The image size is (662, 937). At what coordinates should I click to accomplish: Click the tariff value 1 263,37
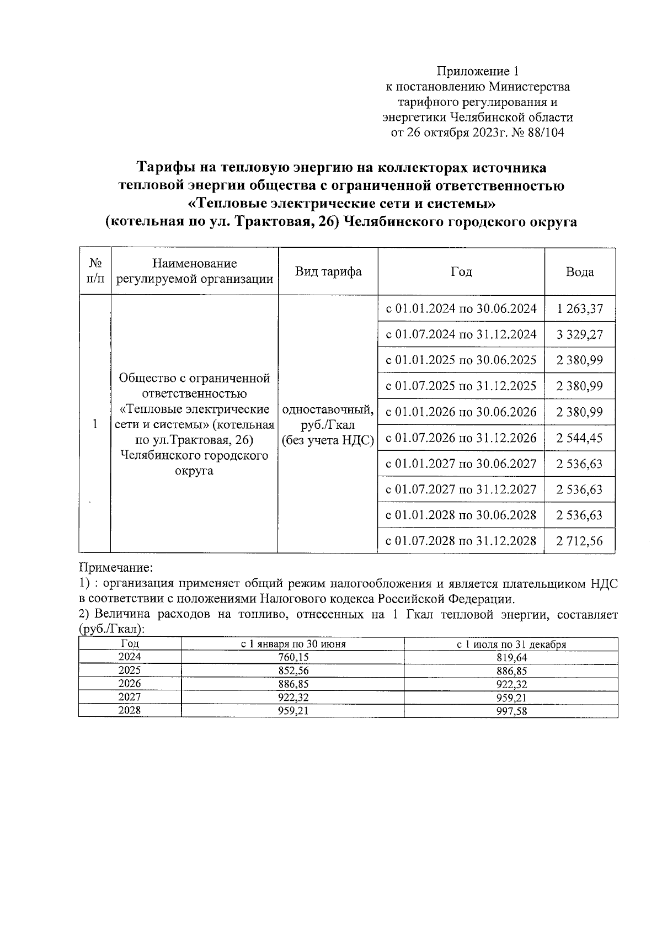pyautogui.click(x=580, y=308)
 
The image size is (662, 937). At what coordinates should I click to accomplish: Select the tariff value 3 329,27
pyautogui.click(x=580, y=334)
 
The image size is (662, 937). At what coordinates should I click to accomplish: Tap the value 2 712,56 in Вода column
pyautogui.click(x=580, y=541)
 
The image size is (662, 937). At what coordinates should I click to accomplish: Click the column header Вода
pyautogui.click(x=580, y=271)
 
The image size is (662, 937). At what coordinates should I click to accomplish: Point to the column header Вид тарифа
pyautogui.click(x=328, y=271)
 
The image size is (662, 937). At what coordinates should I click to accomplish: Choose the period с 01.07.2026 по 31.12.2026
pyautogui.click(x=461, y=438)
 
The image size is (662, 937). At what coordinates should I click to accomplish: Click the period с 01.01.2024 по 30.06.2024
pyautogui.click(x=461, y=308)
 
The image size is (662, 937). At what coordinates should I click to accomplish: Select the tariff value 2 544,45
pyautogui.click(x=580, y=438)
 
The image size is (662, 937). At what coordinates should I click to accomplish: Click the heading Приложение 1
pyautogui.click(x=478, y=71)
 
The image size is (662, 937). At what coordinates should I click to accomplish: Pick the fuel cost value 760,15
pyautogui.click(x=292, y=657)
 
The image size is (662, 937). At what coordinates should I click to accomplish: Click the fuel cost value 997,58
pyautogui.click(x=511, y=711)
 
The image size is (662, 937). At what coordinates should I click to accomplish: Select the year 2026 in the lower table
pyautogui.click(x=130, y=684)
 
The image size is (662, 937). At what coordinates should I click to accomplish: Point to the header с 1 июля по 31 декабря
pyautogui.click(x=511, y=644)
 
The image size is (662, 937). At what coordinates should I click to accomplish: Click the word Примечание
pyautogui.click(x=115, y=567)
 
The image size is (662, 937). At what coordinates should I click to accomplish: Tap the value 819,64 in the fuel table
pyautogui.click(x=511, y=657)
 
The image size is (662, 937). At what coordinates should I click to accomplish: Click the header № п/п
pyautogui.click(x=95, y=271)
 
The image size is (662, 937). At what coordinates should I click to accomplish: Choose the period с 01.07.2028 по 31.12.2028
pyautogui.click(x=461, y=541)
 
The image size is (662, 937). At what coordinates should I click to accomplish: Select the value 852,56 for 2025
pyautogui.click(x=292, y=670)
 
